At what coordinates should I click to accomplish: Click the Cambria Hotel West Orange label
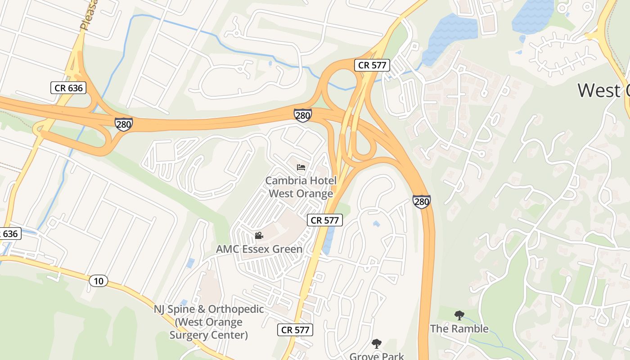click(301, 187)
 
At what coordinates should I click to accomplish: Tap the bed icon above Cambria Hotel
click(301, 168)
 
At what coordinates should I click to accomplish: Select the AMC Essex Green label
click(259, 249)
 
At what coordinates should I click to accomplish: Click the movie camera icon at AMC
click(259, 235)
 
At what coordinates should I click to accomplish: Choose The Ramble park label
click(459, 328)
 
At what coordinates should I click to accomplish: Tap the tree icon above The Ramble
click(459, 315)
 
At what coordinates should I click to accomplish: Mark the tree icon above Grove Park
click(377, 344)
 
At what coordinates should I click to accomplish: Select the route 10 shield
click(99, 281)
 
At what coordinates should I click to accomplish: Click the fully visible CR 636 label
click(69, 88)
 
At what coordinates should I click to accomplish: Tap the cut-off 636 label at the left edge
click(9, 234)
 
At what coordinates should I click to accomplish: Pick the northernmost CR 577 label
click(372, 65)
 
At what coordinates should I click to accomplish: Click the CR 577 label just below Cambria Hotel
click(325, 220)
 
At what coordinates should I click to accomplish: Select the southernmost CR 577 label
click(295, 330)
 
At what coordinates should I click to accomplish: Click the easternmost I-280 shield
click(421, 202)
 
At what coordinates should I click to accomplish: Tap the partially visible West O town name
click(603, 90)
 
